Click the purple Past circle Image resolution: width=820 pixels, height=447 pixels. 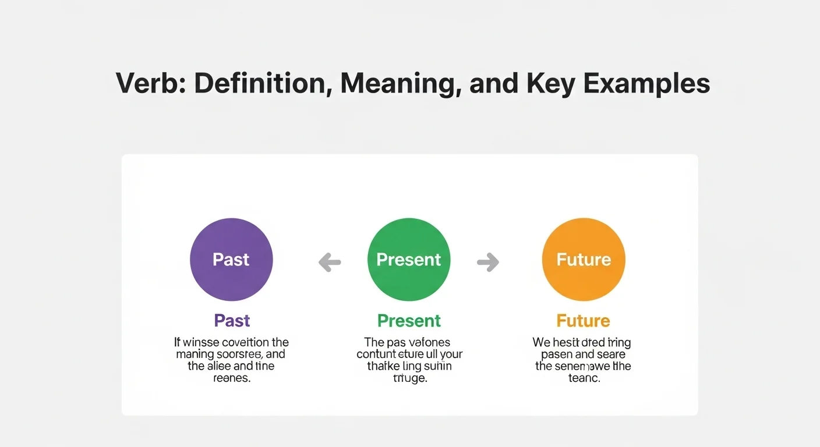pos(231,260)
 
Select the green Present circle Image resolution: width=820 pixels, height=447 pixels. pos(409,260)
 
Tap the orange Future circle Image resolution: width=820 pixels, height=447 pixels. pos(584,260)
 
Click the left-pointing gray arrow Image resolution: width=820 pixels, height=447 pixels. pos(330,262)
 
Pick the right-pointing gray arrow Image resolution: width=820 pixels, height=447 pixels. pos(488,262)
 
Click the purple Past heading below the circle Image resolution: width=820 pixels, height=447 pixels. pos(232,321)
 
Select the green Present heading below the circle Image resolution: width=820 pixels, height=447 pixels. pos(409,321)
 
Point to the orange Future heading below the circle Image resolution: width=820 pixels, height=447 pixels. pos(583,321)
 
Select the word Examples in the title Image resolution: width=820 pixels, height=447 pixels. pos(646,83)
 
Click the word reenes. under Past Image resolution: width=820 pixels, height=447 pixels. pos(232,378)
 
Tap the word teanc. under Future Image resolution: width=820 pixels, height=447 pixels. pos(583,378)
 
